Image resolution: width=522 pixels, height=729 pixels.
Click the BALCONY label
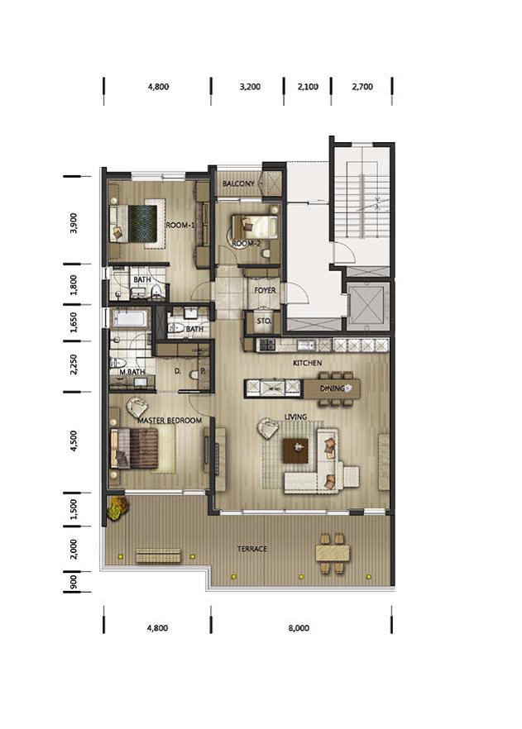point(238,183)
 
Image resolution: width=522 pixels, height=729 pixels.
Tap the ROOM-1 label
point(180,225)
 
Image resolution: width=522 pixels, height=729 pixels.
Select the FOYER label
point(265,290)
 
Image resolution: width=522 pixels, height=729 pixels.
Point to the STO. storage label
point(264,321)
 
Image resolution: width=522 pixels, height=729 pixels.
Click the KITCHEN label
point(307,363)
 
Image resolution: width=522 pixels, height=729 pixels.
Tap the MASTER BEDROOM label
point(170,420)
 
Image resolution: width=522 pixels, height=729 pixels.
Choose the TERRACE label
point(252,549)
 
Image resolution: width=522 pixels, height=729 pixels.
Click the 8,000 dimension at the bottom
point(299,628)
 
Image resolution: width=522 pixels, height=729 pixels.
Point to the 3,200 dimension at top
point(250,87)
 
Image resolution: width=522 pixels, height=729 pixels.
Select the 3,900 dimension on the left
point(74,223)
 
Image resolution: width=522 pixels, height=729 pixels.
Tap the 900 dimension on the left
point(73,582)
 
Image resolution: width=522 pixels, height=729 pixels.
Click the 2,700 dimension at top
point(362,87)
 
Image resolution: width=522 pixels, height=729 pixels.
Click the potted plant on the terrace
point(117,507)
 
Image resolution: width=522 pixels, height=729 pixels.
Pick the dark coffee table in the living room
point(296,450)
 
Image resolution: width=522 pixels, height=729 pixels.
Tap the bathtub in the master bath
point(130,319)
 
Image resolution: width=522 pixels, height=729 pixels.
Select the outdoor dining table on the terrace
point(333,553)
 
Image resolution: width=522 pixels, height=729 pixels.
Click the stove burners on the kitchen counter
point(267,345)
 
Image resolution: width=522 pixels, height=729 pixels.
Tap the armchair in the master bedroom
point(136,407)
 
